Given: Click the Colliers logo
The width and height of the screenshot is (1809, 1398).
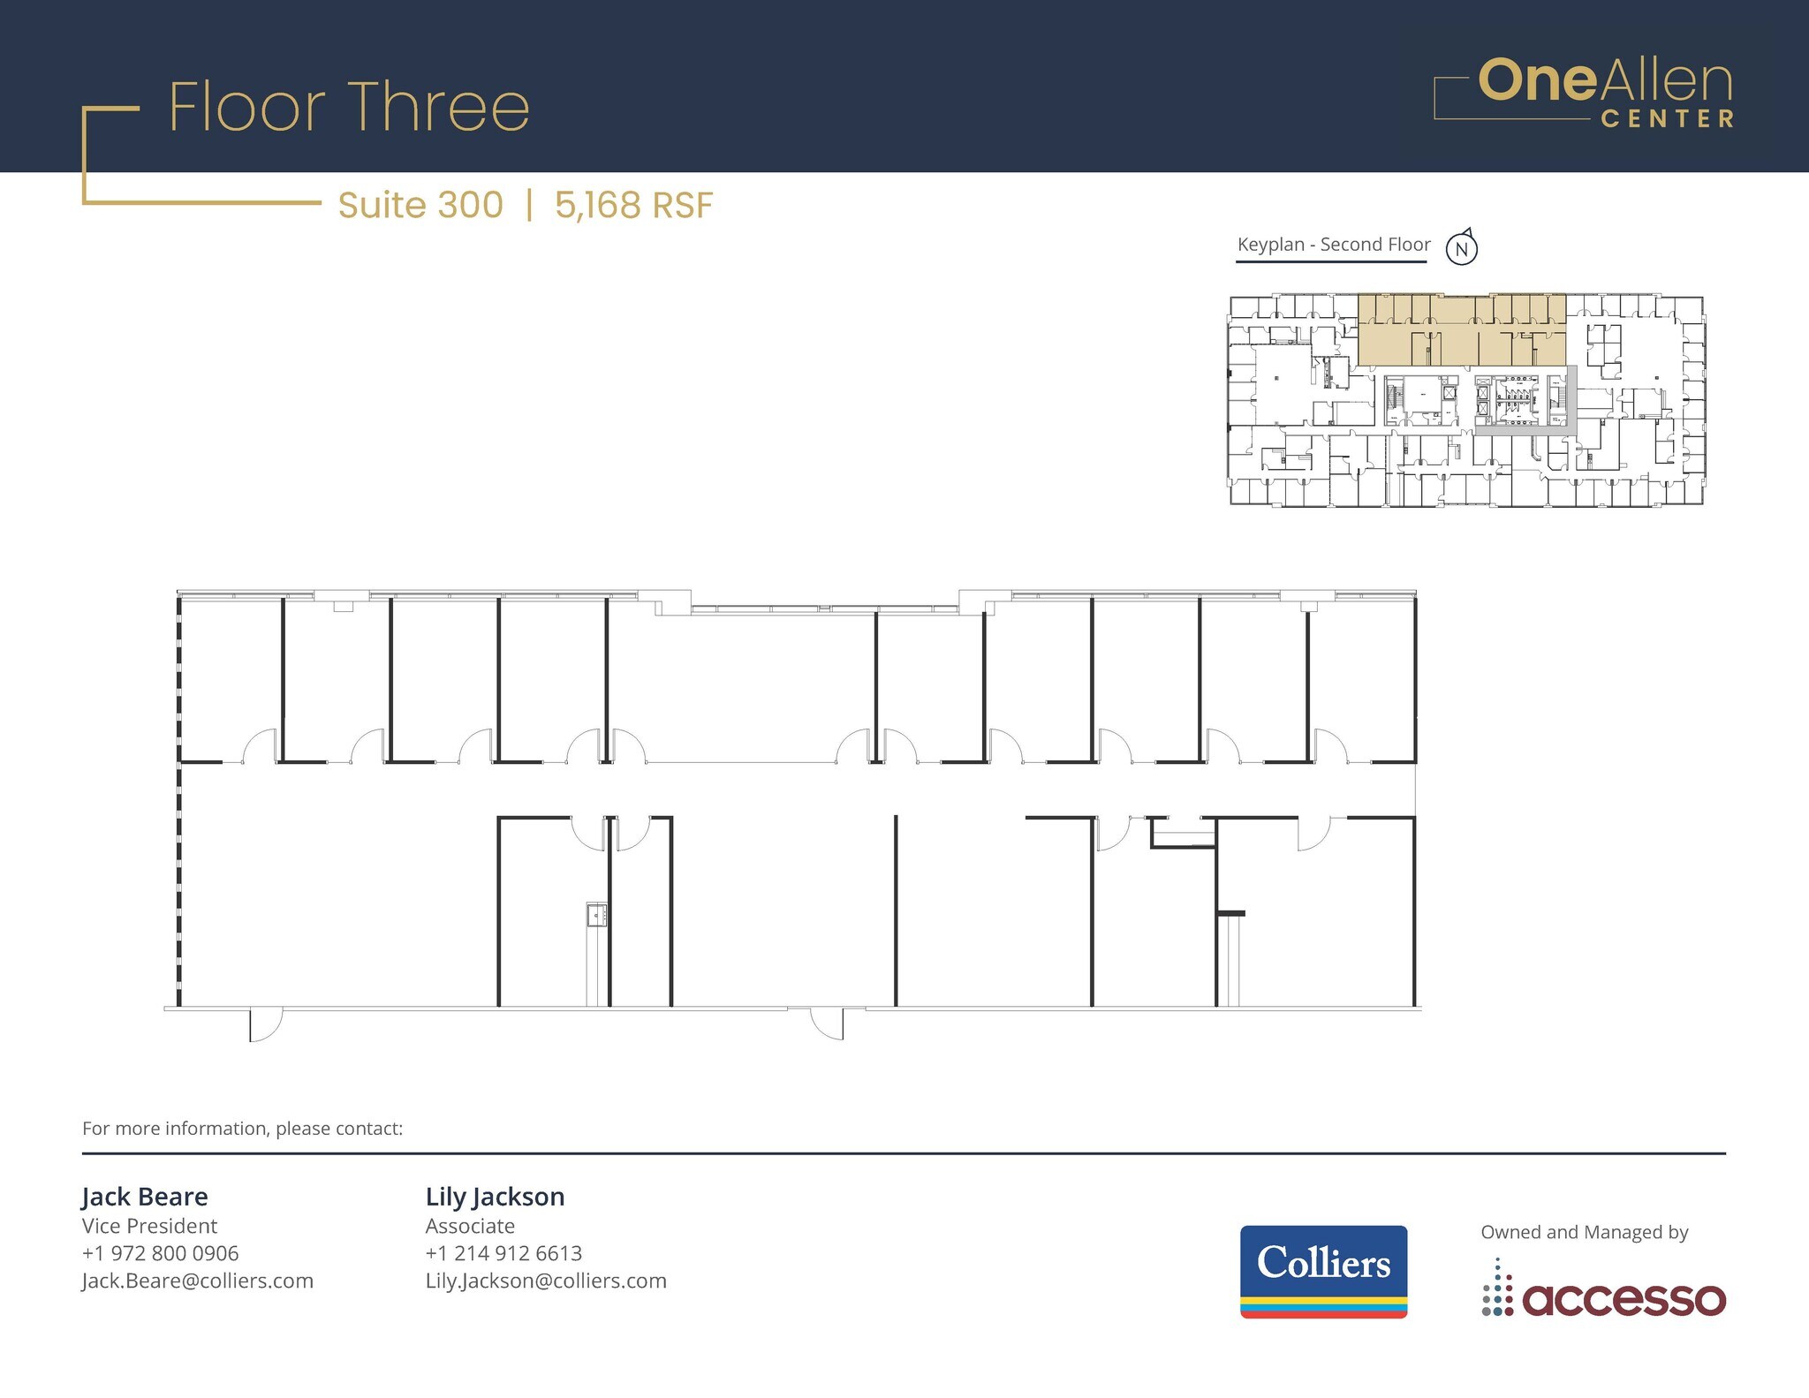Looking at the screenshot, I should click(1323, 1271).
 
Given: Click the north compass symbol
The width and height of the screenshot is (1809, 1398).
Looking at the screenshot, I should click(1462, 248).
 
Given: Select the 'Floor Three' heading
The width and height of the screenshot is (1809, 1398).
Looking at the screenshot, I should click(349, 108).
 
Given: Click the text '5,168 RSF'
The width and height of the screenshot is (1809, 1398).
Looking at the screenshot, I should click(633, 206).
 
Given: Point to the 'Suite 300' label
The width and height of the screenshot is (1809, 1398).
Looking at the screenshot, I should click(420, 206).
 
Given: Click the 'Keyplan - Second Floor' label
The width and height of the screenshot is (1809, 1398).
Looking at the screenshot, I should click(1333, 245).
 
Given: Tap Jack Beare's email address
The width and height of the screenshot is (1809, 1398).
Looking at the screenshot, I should click(198, 1281).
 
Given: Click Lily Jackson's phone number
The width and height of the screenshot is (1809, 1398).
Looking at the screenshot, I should click(503, 1253).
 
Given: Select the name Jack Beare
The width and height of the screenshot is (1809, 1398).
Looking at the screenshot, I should click(145, 1197).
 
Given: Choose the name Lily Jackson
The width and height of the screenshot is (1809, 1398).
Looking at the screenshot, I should click(495, 1197).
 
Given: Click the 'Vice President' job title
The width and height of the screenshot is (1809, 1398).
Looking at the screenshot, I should click(149, 1226).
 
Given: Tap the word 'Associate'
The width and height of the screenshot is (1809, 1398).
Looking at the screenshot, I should click(470, 1226).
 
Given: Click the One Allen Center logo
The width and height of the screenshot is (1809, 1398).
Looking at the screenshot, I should click(1584, 93).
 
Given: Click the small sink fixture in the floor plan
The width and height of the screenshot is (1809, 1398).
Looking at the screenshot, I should click(597, 915).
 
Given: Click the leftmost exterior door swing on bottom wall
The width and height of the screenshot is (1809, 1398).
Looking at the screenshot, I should click(265, 1024).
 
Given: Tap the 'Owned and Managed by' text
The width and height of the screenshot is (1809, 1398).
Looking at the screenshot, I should click(1585, 1232).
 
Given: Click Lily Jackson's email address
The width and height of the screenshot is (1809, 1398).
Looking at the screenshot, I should click(546, 1281).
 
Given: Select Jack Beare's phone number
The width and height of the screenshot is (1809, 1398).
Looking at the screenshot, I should click(161, 1253).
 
